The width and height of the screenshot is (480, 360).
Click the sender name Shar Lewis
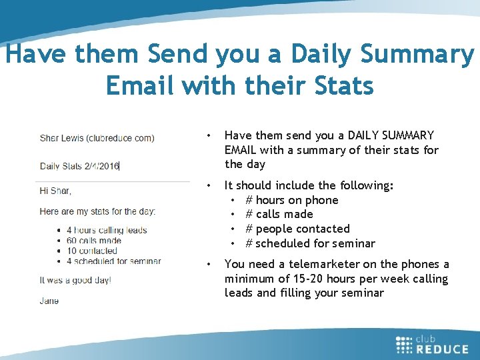66,139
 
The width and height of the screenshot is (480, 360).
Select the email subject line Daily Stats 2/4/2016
79,166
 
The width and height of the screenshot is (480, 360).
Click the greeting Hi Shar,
55,191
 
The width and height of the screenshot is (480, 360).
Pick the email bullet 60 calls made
94,241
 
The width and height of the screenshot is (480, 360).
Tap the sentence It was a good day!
75,280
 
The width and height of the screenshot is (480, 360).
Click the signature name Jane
49,301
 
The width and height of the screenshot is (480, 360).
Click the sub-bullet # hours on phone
292,200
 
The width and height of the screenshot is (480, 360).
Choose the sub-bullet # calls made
279,214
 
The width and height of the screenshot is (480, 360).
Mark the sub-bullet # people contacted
297,229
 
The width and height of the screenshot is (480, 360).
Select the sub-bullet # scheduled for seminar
310,243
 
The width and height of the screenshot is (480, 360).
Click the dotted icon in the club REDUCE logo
404,344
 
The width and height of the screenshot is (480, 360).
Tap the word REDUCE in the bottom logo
443,349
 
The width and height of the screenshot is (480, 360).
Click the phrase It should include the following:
309,185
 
